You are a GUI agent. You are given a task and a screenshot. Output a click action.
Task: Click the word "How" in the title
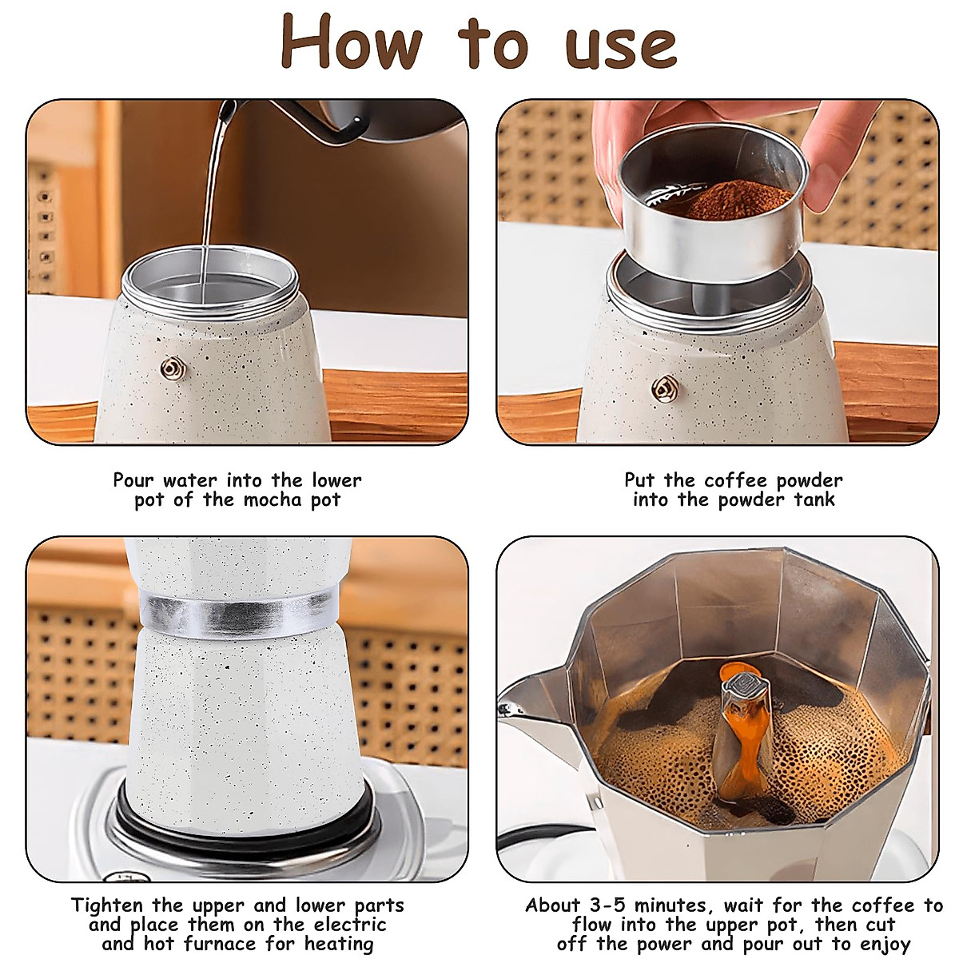(x=352, y=43)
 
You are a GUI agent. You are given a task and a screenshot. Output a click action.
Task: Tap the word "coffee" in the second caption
(x=736, y=481)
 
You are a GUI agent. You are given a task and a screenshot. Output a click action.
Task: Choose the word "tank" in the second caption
(x=814, y=500)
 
